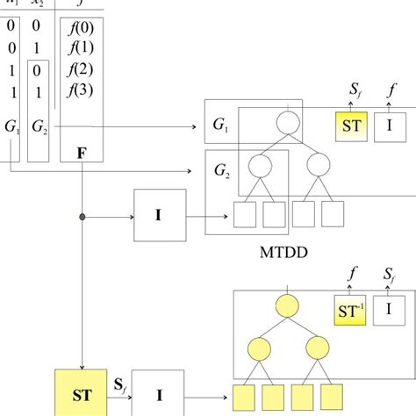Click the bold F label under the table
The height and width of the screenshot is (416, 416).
[x=81, y=153]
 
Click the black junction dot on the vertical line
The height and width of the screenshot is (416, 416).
[x=82, y=215]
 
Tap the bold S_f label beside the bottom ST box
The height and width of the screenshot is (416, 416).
[x=123, y=383]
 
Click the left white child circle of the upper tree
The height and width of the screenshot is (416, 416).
[x=260, y=164]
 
